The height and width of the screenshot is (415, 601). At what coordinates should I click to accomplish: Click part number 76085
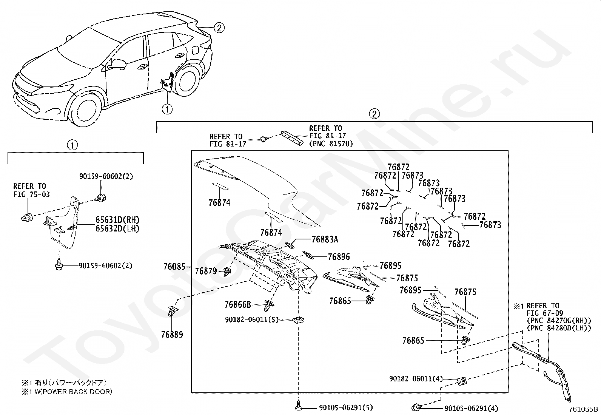tap(174, 267)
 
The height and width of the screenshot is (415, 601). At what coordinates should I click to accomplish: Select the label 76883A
tap(325, 239)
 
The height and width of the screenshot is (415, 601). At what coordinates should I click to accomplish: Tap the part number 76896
tap(339, 257)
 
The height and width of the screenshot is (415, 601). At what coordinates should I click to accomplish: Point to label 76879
tap(206, 271)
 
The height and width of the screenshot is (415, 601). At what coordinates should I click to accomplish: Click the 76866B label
tap(238, 305)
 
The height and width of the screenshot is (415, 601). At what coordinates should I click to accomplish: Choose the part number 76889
tap(172, 335)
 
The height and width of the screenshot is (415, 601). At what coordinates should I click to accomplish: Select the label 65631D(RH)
tap(117, 220)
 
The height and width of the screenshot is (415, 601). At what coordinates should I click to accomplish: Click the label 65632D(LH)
tap(117, 229)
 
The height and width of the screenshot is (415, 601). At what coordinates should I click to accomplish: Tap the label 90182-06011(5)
tap(252, 320)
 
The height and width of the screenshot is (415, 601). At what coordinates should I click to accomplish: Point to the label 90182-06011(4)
tap(416, 379)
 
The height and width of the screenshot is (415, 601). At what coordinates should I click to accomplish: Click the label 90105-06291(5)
tap(346, 408)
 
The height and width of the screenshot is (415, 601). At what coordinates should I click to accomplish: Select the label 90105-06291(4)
tap(471, 408)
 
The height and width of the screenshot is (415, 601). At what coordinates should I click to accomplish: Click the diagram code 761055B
tap(584, 409)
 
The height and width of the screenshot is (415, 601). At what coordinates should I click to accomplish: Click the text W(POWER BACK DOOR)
tap(73, 392)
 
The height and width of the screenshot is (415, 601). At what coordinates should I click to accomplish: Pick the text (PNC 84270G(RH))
tap(559, 321)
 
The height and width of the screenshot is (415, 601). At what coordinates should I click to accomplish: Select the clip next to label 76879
tap(227, 272)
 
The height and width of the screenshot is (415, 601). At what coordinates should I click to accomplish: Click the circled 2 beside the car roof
tap(219, 28)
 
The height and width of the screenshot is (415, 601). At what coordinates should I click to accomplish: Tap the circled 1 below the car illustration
tap(167, 109)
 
